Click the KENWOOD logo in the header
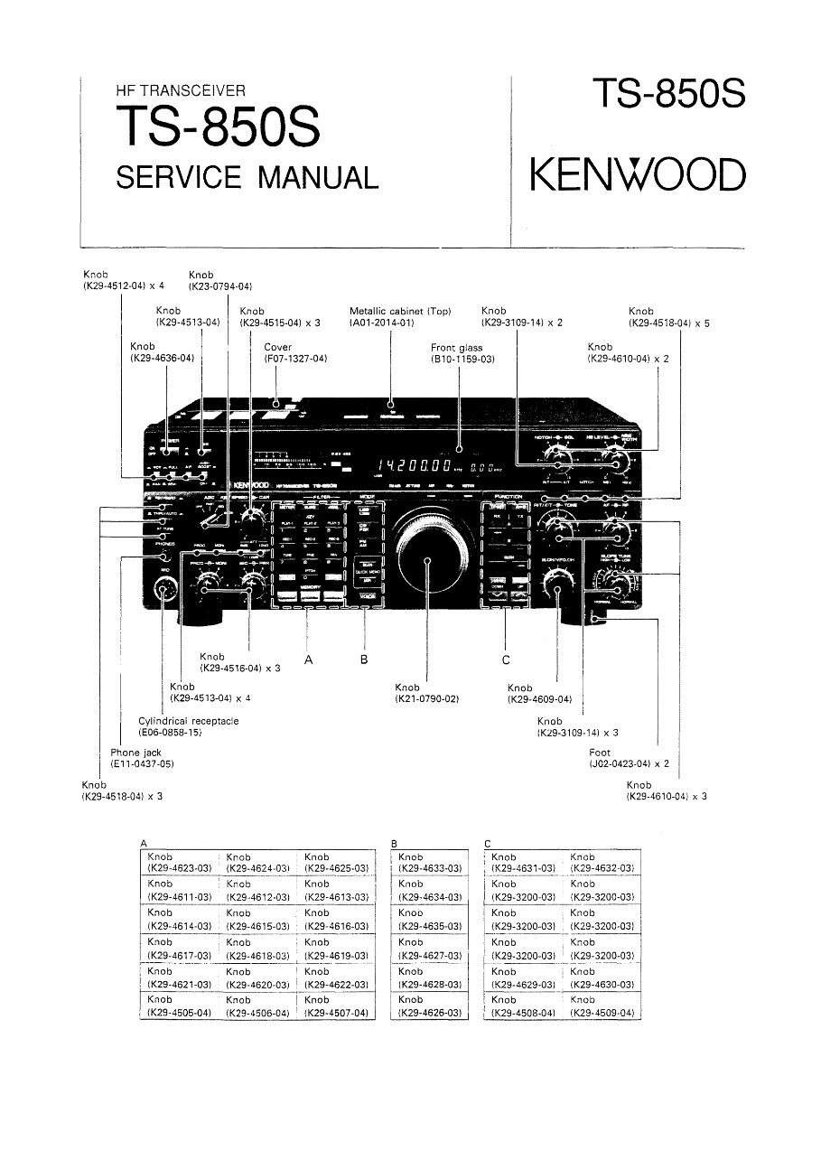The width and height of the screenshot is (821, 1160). click(x=638, y=174)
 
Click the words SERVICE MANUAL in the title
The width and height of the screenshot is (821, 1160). click(x=247, y=176)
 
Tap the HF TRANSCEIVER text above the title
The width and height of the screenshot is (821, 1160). click(x=181, y=90)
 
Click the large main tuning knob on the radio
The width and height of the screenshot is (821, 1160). click(x=427, y=560)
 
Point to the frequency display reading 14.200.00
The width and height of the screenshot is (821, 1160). click(x=415, y=466)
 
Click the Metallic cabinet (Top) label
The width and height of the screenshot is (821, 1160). click(x=400, y=311)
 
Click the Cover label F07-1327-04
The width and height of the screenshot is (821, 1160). click(x=294, y=359)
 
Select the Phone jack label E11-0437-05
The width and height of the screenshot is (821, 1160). click(x=142, y=764)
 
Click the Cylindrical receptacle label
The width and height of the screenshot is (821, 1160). click(x=188, y=721)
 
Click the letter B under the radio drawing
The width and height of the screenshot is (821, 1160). click(x=364, y=660)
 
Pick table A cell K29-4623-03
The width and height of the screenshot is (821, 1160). click(x=179, y=868)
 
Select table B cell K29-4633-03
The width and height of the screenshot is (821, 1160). click(x=430, y=868)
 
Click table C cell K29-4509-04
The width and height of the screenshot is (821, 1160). click(x=602, y=1013)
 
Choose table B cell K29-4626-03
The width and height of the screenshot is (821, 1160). click(x=430, y=1013)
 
